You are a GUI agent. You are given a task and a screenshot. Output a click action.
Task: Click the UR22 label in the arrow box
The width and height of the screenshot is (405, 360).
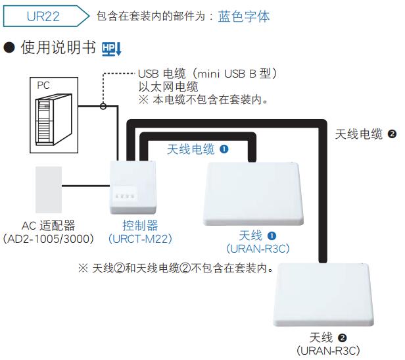(x=43, y=16)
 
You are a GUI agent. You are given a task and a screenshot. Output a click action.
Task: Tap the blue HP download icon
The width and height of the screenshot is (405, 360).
(x=112, y=49)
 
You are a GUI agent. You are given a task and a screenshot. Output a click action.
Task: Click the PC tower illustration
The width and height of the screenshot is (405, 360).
(x=54, y=120)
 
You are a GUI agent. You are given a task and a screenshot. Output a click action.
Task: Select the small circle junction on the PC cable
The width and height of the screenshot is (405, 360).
(x=103, y=106)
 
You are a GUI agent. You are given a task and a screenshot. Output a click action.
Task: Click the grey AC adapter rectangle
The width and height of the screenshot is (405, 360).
(x=49, y=190)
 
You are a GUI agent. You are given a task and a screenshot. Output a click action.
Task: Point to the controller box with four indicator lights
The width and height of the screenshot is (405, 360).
(x=133, y=188)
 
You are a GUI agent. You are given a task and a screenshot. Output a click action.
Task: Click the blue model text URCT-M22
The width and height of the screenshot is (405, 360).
(x=140, y=239)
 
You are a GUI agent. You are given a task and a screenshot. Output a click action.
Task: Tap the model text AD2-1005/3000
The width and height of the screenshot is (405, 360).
(x=48, y=239)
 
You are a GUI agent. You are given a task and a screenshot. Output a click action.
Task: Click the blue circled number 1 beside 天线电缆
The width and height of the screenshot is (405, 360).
(x=224, y=149)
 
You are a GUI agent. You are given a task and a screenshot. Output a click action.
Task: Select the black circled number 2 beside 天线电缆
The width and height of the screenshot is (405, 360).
(x=392, y=134)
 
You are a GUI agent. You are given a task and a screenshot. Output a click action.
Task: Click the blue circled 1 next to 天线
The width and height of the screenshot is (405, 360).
(x=272, y=236)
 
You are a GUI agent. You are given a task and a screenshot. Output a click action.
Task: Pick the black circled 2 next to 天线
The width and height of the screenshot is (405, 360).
(x=343, y=338)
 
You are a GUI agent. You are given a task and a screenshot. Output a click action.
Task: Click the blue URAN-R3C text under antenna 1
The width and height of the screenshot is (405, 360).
(x=258, y=249)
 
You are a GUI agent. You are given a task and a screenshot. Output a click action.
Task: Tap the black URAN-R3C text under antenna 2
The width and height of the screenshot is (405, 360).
(x=328, y=351)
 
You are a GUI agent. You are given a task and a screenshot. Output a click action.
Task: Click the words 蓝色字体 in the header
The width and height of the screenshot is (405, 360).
(x=244, y=16)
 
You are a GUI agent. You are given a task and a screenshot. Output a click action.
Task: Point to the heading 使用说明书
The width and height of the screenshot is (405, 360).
(x=59, y=47)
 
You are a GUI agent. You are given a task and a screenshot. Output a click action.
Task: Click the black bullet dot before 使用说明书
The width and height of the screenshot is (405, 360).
(x=9, y=48)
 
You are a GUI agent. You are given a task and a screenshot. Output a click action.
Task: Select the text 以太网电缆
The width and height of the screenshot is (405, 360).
(x=168, y=87)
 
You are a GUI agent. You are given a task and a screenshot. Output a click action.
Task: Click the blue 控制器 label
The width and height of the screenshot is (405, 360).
(x=140, y=226)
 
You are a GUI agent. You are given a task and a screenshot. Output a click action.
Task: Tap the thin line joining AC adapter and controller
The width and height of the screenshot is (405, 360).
(x=85, y=186)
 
